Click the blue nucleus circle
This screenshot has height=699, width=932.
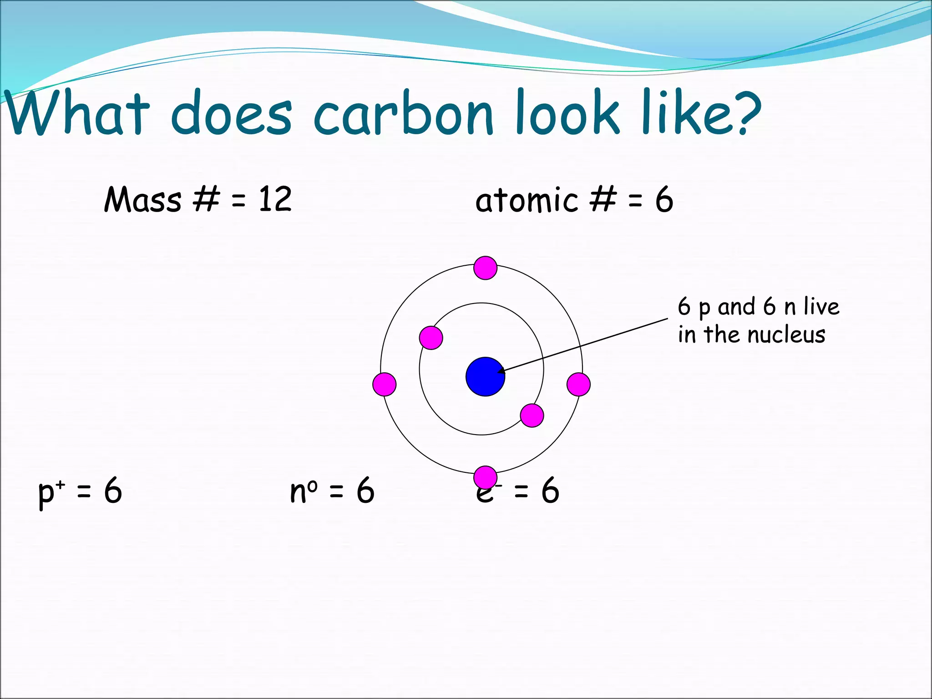pos(485,376)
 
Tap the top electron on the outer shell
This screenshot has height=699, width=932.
pos(485,268)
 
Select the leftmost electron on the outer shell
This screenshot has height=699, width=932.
pos(384,384)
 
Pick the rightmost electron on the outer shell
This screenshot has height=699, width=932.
pos(578,384)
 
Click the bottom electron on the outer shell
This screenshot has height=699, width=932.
pos(485,477)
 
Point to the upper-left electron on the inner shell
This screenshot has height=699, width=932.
pos(431,338)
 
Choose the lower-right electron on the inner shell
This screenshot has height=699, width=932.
pos(532,415)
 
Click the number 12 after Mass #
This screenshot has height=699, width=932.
pos(275,199)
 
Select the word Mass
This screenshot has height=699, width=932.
pos(142,200)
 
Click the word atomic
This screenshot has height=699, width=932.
pos(527,200)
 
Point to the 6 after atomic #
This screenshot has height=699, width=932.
pos(664,200)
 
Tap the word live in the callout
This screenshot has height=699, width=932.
pos(821,306)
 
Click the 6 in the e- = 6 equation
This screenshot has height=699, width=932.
pos(550,491)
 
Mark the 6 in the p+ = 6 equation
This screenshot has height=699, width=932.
pos(113,491)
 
